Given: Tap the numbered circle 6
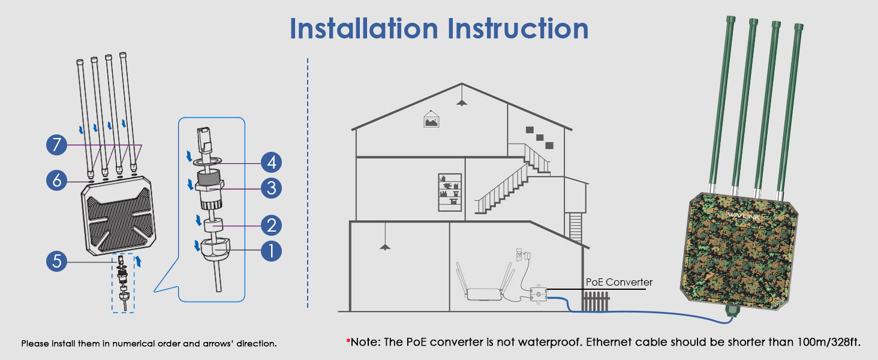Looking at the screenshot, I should (57, 180).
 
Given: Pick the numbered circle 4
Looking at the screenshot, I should (271, 162).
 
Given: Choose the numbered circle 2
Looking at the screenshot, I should (271, 226).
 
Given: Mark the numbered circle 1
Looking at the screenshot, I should (271, 250).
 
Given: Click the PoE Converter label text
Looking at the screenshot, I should (619, 282).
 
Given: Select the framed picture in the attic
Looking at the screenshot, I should (431, 119).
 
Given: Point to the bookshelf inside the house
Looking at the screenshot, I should (450, 192).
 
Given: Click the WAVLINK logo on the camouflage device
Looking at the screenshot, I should (743, 215).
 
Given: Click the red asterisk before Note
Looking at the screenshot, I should (348, 342).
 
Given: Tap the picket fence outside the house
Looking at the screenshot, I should (596, 301).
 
